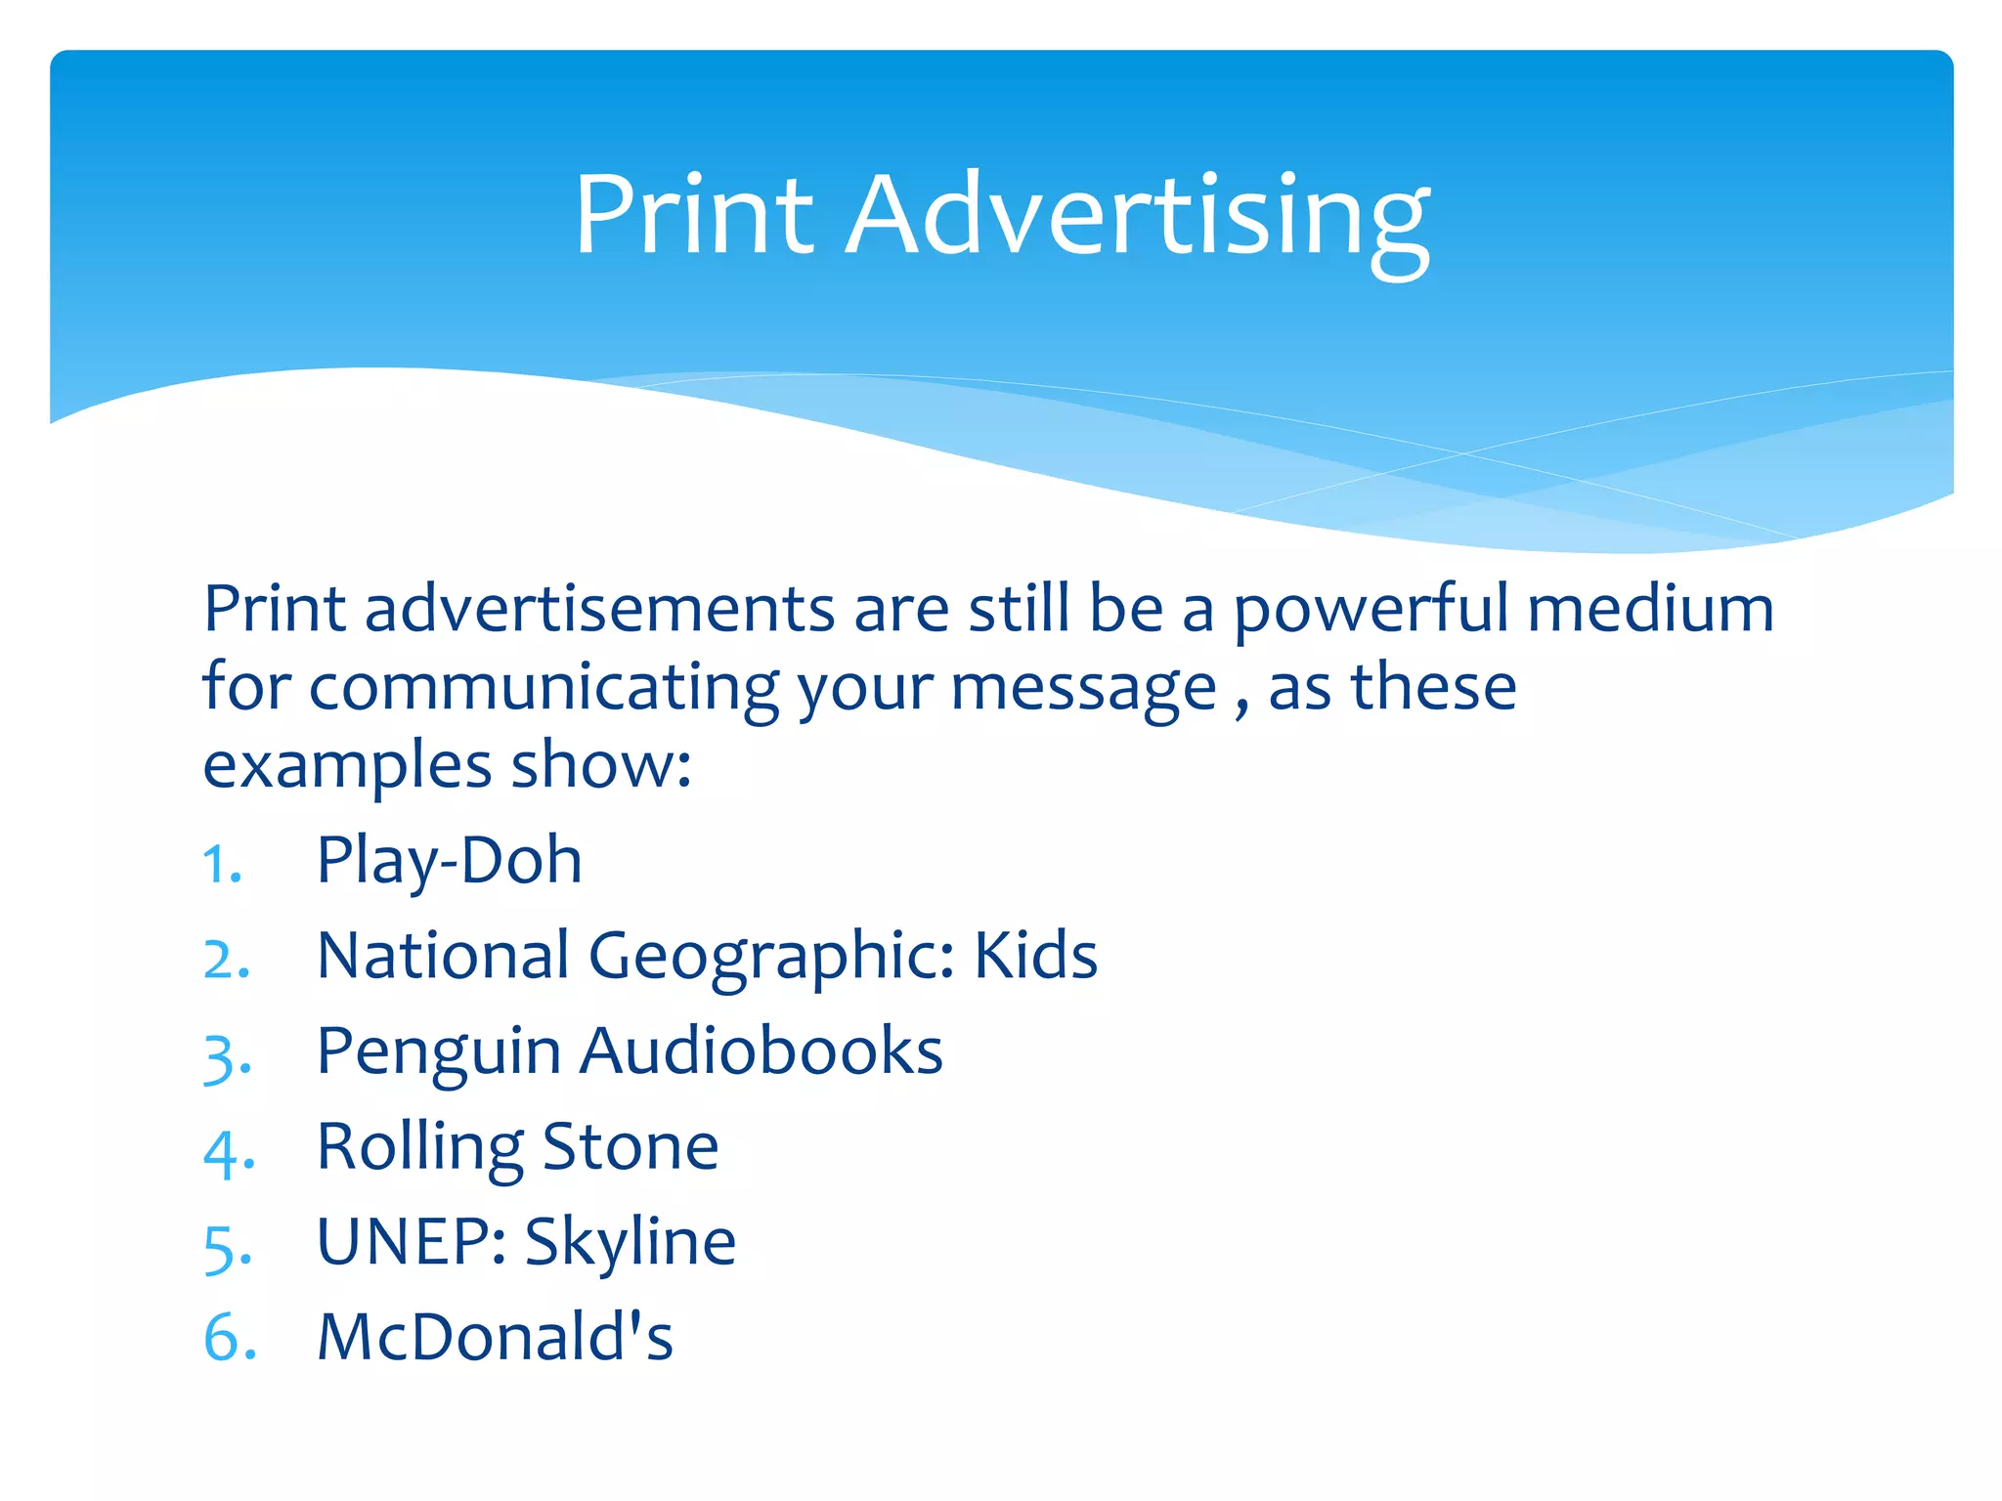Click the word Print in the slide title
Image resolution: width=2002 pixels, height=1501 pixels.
693,215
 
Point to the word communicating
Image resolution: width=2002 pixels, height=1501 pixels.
544,688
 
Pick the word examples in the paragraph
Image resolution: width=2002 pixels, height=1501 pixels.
347,766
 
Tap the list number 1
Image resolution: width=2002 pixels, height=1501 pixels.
221,865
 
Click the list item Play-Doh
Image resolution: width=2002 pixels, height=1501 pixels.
449,861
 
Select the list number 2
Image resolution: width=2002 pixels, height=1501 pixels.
226,959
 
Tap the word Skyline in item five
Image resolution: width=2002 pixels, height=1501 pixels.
630,1244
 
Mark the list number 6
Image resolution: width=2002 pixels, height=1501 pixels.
229,1338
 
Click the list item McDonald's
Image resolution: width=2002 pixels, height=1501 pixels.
495,1337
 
